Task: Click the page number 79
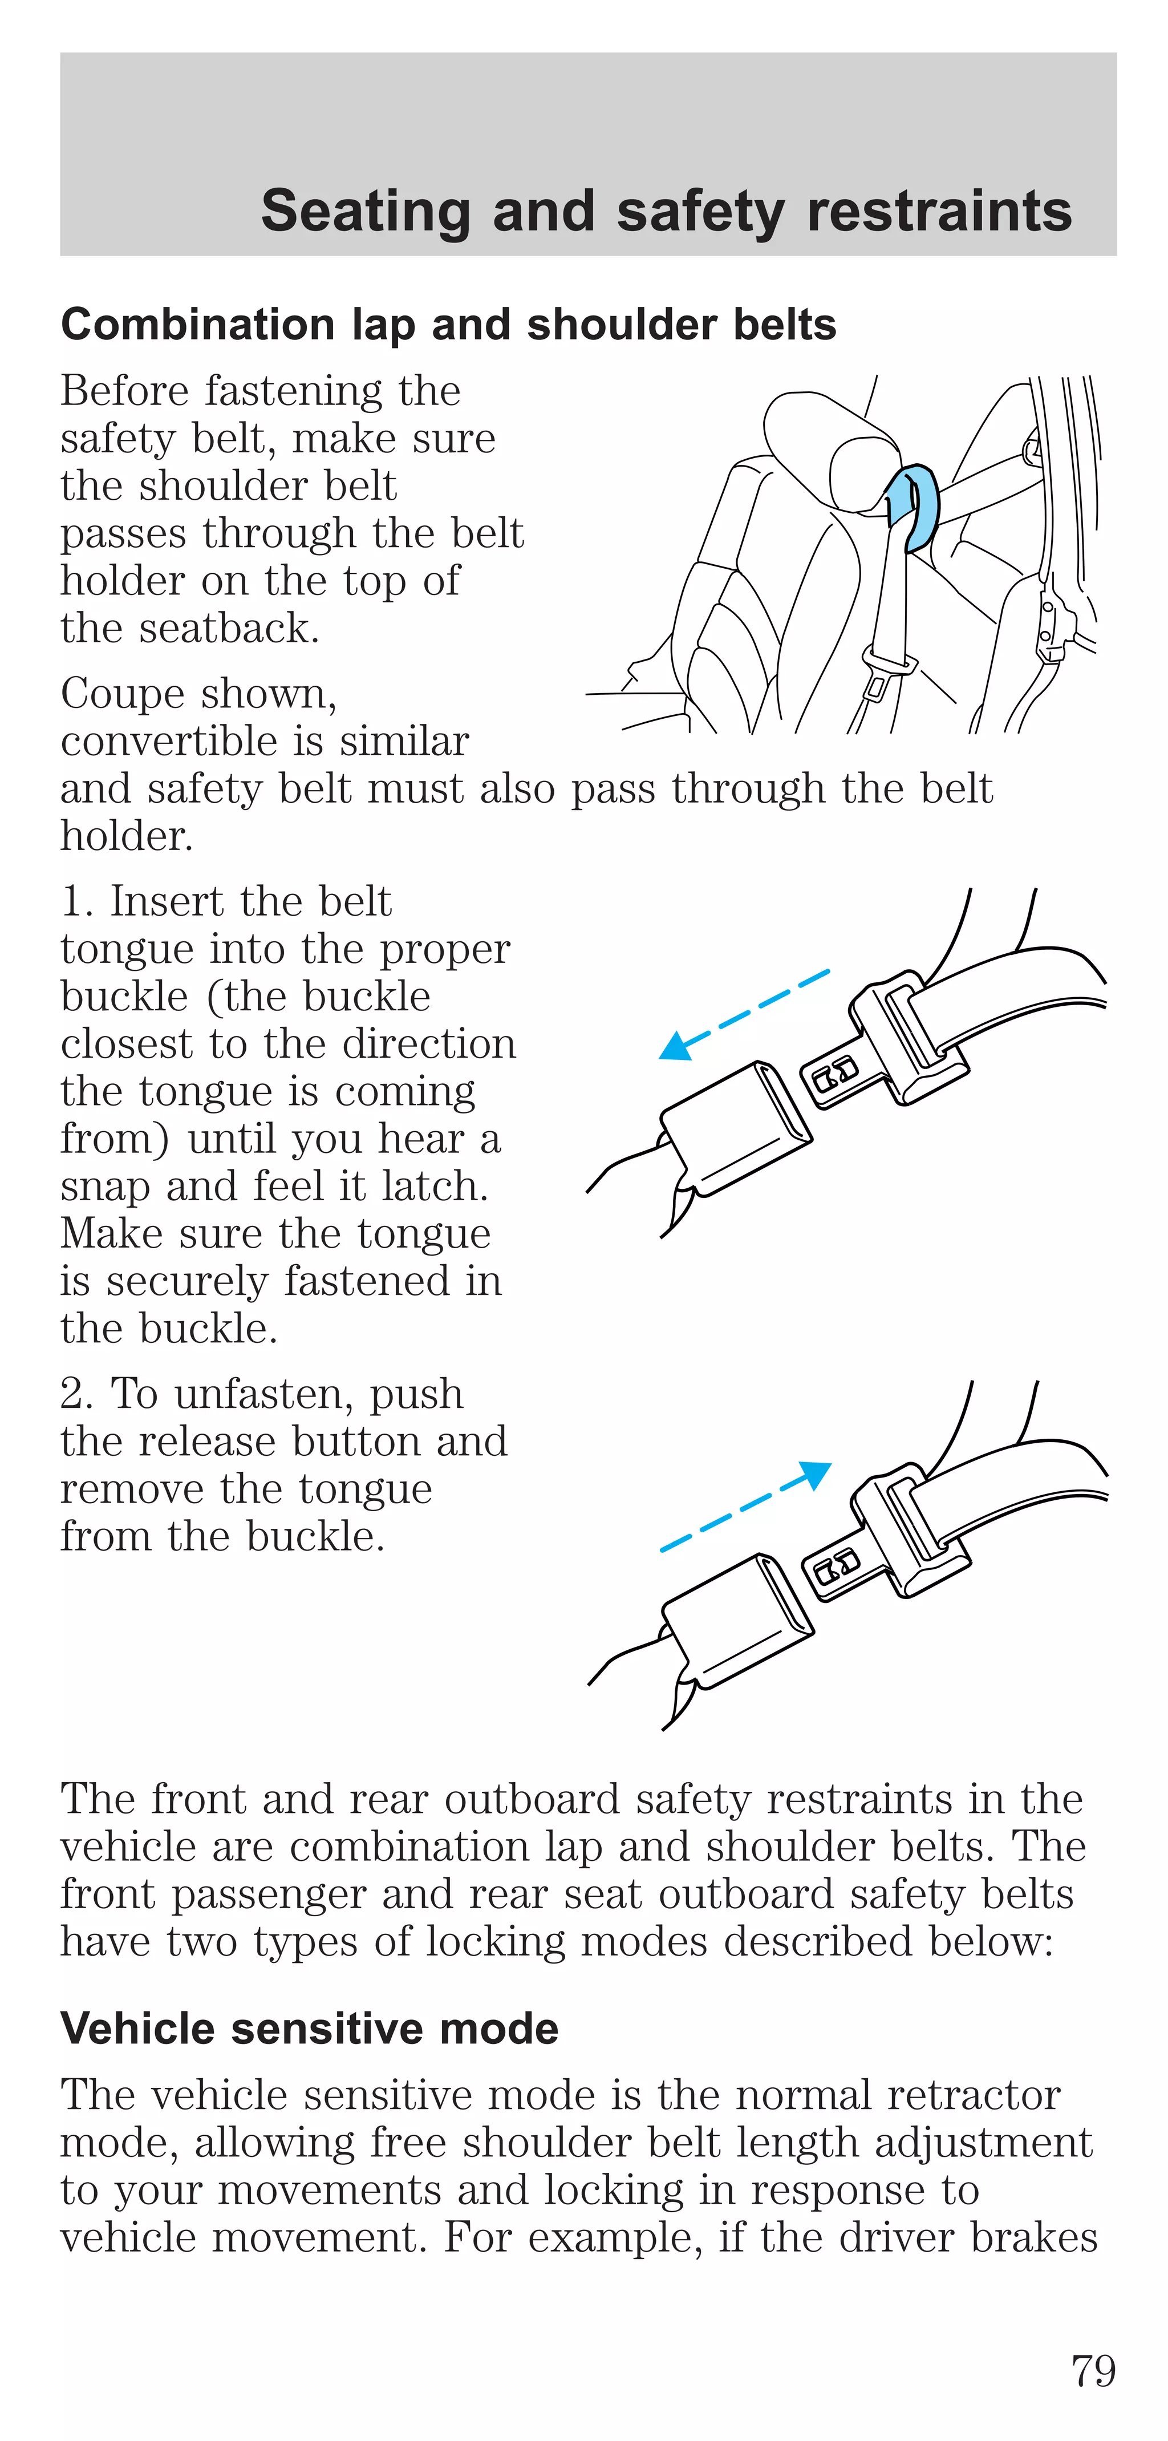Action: click(1092, 2371)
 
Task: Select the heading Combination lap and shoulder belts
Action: click(448, 325)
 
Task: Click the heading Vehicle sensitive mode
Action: click(309, 2029)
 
